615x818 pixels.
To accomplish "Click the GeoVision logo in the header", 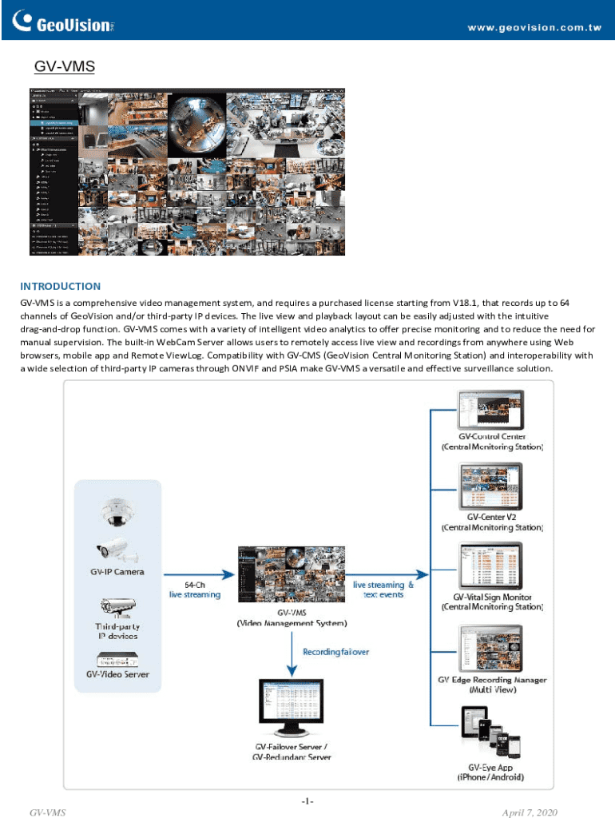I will pos(60,22).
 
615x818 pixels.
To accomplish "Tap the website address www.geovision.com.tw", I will pos(534,27).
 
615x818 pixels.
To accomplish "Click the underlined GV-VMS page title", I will pos(64,69).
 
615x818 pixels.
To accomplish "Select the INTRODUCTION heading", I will pos(61,286).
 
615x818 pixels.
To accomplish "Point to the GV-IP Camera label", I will pos(117,572).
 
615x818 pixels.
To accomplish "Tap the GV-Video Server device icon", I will pos(117,660).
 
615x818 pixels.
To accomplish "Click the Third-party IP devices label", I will pos(117,631).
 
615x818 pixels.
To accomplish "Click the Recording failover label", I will pos(335,652).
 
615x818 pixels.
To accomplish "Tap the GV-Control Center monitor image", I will pos(489,411).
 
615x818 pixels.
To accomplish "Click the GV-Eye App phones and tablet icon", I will pos(490,734).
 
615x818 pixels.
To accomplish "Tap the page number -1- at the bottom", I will pos(307,800).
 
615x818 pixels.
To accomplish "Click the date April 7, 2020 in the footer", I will pos(530,812).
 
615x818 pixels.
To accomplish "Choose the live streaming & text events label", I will pos(383,590).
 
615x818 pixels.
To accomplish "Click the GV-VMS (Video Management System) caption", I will pos(292,617).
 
